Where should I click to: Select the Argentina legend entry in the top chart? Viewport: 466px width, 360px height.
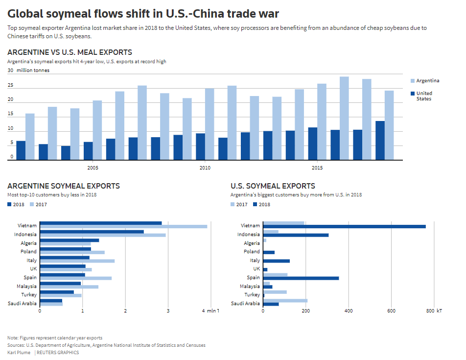click(427, 81)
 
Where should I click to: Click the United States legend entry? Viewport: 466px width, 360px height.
click(424, 96)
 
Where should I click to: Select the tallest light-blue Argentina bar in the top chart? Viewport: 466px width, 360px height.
click(344, 118)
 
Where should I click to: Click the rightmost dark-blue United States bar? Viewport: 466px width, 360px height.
click(380, 140)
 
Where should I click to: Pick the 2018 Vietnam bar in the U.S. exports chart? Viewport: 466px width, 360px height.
click(344, 226)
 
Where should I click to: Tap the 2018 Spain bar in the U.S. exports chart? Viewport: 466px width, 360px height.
click(301, 278)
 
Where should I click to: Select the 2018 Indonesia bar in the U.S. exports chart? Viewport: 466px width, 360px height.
click(296, 235)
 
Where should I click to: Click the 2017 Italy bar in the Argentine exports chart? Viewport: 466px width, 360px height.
click(77, 261)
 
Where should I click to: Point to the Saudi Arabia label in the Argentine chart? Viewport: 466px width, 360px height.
click(22, 304)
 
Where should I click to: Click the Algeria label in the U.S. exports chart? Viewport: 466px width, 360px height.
click(252, 243)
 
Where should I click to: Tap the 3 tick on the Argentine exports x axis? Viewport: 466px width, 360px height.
click(168, 311)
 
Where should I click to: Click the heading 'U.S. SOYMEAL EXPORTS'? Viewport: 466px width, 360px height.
click(273, 186)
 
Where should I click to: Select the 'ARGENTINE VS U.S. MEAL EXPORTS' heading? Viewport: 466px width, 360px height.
click(70, 52)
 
